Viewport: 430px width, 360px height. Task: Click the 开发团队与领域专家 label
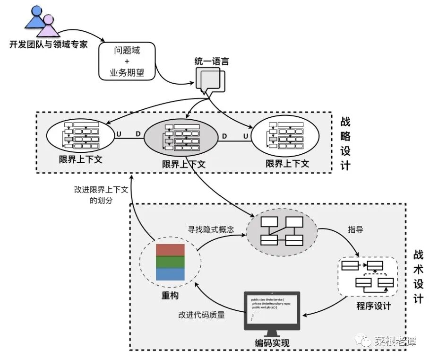tap(48, 45)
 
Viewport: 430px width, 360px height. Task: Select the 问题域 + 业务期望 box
tap(127, 61)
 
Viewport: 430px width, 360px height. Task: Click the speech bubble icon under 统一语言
tap(210, 81)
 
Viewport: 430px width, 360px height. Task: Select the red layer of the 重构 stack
tap(171, 250)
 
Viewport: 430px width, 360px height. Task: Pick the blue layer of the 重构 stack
tap(171, 274)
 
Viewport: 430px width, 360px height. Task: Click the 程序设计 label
tap(374, 305)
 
